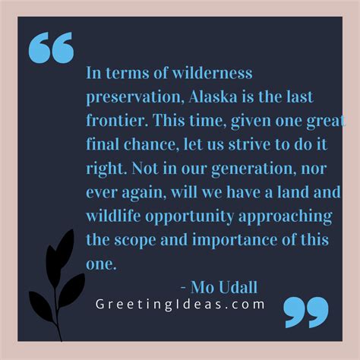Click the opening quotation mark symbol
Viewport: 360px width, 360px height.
coord(51,47)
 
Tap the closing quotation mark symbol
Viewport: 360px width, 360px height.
coord(306,312)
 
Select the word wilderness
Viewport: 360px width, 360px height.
coord(212,73)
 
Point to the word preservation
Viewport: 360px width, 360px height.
coord(135,97)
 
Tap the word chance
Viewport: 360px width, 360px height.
coord(150,144)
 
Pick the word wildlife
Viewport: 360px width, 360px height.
coord(113,216)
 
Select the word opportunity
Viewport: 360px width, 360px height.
coord(189,217)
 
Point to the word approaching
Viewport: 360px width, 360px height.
coord(286,217)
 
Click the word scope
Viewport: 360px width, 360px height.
coord(135,241)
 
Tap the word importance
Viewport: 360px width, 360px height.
coord(235,241)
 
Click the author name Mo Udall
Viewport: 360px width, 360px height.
coord(224,287)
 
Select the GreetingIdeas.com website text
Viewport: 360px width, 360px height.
coord(180,305)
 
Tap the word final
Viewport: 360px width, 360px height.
coord(103,144)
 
